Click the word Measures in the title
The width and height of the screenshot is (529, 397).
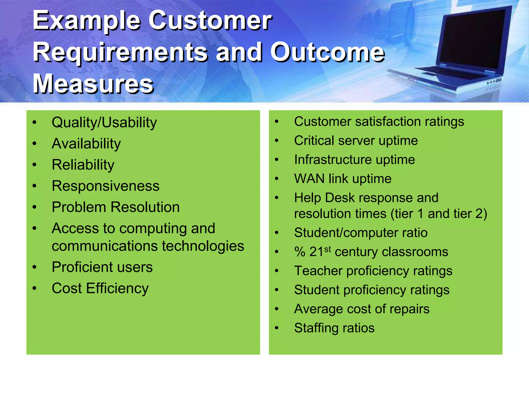93,84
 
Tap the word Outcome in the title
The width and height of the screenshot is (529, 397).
327,52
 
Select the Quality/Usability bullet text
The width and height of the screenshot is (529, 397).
104,123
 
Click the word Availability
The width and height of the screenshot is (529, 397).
86,144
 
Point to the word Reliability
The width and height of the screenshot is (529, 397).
83,165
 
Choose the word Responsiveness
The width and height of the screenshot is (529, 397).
105,186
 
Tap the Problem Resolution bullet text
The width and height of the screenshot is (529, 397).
115,207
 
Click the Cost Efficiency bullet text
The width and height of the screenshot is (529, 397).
100,288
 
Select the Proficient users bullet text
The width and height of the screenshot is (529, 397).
102,267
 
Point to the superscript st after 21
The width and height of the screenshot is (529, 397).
328,249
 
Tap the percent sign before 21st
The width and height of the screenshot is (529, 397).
300,252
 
